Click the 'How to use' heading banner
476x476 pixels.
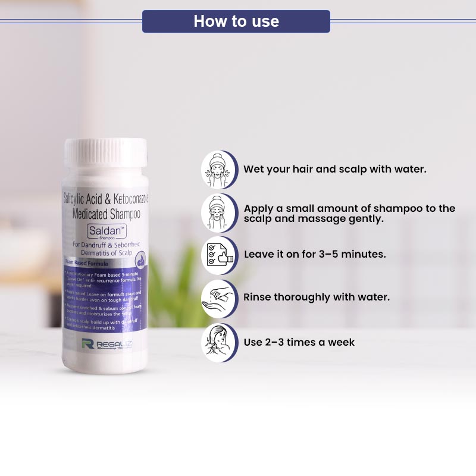[x=236, y=21]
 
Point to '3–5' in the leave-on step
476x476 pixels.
[x=327, y=254]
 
